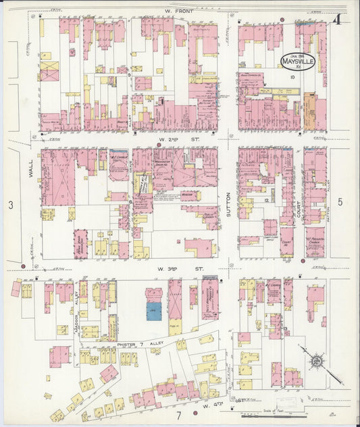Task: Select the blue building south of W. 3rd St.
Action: pos(154,311)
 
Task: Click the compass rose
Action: pos(315,361)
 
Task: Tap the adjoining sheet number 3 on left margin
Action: pos(10,204)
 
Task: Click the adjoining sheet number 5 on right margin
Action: pos(340,201)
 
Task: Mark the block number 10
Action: pos(292,77)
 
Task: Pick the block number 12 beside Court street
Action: pos(267,201)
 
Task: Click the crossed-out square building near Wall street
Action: pos(49,70)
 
